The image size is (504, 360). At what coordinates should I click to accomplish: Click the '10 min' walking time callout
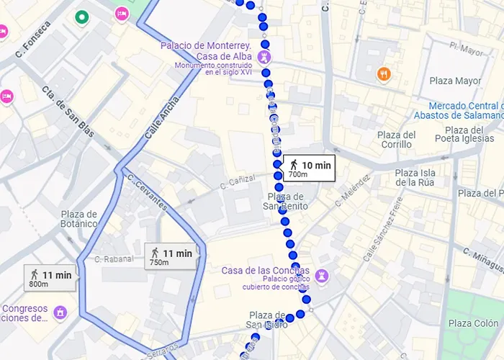(308, 168)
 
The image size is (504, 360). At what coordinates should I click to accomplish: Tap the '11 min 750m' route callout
(170, 256)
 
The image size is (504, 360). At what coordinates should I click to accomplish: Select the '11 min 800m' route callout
(49, 278)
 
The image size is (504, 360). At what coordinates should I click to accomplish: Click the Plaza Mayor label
(454, 81)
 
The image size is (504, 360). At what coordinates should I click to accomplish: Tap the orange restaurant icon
(384, 73)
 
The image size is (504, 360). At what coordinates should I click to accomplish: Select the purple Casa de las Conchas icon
(322, 276)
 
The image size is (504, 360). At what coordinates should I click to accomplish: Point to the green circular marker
(82, 17)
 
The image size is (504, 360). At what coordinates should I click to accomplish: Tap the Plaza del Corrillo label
(397, 139)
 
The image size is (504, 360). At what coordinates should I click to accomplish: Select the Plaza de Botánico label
(79, 219)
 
